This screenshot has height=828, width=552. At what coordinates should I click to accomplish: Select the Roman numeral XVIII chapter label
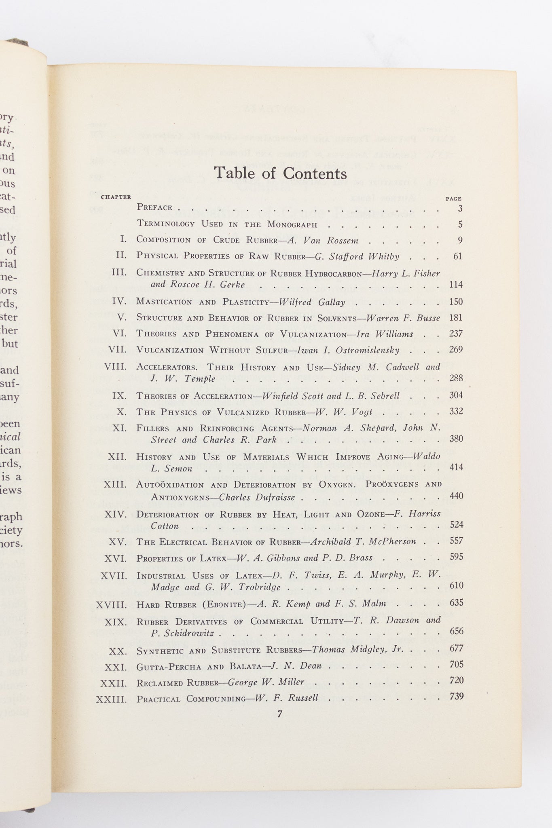click(112, 605)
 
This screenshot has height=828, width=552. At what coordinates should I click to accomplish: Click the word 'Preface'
click(155, 207)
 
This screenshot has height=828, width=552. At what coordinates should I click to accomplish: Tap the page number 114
click(456, 285)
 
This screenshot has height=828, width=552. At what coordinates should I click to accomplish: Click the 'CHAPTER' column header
click(116, 197)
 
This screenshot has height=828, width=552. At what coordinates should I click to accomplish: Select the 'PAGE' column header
click(453, 199)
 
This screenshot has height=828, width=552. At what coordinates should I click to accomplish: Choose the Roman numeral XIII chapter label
click(115, 484)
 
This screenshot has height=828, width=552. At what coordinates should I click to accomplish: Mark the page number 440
click(456, 496)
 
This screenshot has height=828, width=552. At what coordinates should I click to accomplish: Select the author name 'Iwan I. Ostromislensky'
click(348, 350)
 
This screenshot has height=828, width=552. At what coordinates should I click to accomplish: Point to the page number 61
click(457, 256)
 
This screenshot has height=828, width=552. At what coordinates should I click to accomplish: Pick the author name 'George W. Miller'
click(266, 682)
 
